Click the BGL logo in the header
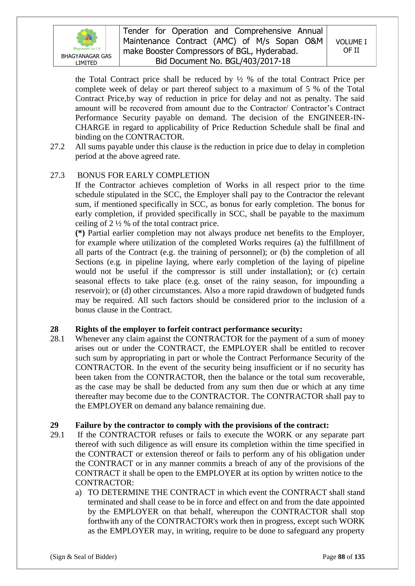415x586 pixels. point(87,39)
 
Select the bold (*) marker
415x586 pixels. point(80,233)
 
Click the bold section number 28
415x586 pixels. point(54,329)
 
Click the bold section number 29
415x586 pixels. point(54,425)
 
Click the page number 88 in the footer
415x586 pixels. point(341,557)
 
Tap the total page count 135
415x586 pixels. point(359,557)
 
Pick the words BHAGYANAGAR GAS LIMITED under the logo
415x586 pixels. point(86,59)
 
